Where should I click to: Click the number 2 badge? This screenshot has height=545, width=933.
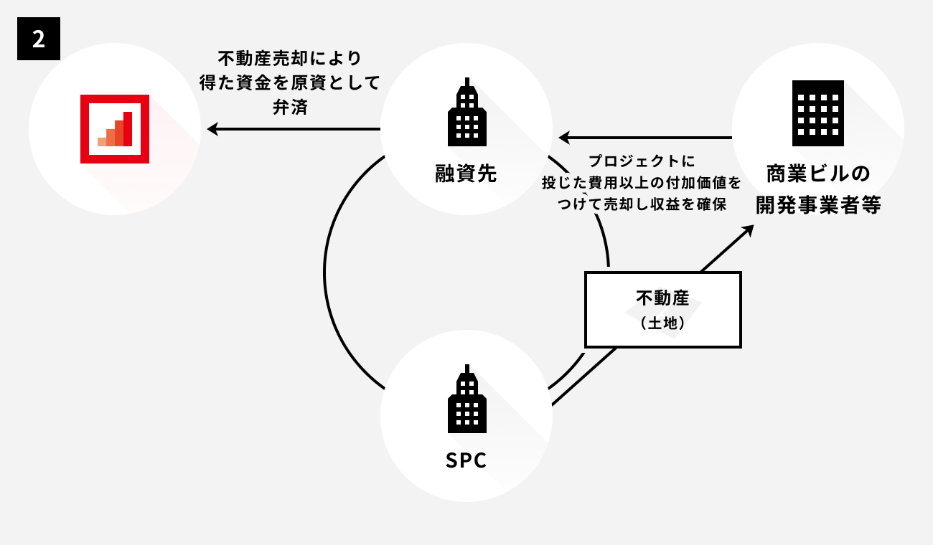pyautogui.click(x=39, y=39)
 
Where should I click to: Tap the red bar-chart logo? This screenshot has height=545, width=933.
pyautogui.click(x=115, y=129)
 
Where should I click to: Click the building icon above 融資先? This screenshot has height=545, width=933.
pyautogui.click(x=467, y=111)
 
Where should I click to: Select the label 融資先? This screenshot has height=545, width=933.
pyautogui.click(x=467, y=174)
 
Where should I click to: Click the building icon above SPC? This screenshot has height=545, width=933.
pyautogui.click(x=467, y=404)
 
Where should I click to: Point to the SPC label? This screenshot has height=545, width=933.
pyautogui.click(x=467, y=460)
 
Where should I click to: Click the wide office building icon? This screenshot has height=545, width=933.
pyautogui.click(x=818, y=113)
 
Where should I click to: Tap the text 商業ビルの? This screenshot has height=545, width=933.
pyautogui.click(x=818, y=174)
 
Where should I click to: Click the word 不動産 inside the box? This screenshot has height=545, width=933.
pyautogui.click(x=662, y=298)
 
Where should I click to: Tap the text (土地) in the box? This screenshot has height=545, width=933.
pyautogui.click(x=662, y=323)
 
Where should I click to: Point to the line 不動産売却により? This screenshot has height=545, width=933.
pyautogui.click(x=290, y=57)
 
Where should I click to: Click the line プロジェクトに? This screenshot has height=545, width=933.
pyautogui.click(x=642, y=161)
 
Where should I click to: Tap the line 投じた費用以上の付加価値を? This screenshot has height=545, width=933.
pyautogui.click(x=642, y=183)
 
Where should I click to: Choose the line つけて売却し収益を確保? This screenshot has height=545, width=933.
pyautogui.click(x=642, y=204)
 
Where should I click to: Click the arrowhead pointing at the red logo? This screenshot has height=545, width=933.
pyautogui.click(x=212, y=129)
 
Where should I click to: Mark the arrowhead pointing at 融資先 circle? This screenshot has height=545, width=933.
pyautogui.click(x=565, y=137)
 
